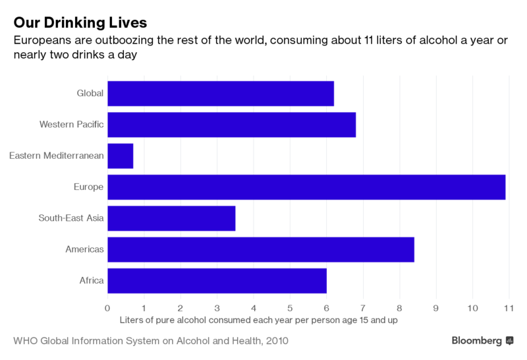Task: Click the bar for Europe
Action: (306, 187)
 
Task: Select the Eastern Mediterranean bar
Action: (121, 156)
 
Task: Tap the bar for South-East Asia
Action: (171, 218)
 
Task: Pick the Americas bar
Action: (261, 249)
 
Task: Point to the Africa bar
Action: (217, 280)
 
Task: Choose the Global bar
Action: (221, 93)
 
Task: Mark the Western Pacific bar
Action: (231, 125)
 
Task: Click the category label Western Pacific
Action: (71, 125)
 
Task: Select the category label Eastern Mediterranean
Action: (56, 156)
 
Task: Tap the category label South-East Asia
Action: (71, 218)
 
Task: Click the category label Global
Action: (90, 93)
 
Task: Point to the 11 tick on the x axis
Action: (508, 307)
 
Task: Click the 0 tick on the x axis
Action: (107, 307)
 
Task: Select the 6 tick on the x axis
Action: (326, 307)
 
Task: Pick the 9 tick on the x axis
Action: (435, 307)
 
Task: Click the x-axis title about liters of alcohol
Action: (259, 320)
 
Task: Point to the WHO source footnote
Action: (150, 341)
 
